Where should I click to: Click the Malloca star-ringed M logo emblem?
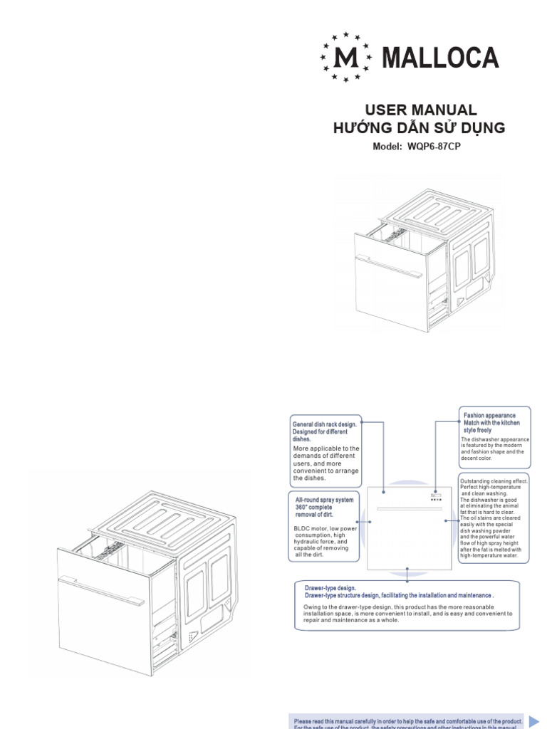pos(346,56)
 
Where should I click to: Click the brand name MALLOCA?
pos(440,57)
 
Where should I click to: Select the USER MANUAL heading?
pos(420,110)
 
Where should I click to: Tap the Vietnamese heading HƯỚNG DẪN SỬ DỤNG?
pos(420,128)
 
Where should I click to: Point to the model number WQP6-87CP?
pos(439,147)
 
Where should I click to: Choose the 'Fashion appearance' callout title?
pos(490,415)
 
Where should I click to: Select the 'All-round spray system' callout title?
pos(325,501)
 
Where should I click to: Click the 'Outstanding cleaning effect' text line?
pos(494,481)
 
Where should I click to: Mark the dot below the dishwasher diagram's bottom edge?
pos(407,570)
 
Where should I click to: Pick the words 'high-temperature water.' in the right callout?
pos(491,555)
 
